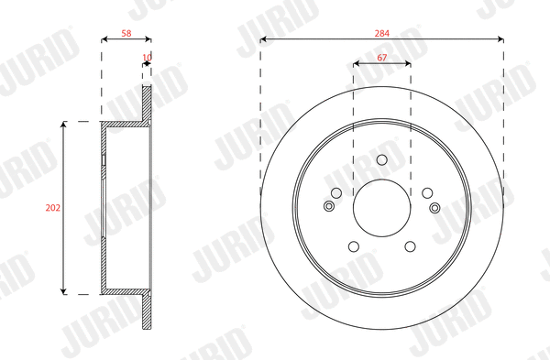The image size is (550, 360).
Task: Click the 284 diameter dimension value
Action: coord(382,34)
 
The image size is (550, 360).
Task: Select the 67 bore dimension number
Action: coord(382,58)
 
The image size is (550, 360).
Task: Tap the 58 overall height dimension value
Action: coord(126,34)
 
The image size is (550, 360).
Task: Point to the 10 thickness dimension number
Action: coord(147,57)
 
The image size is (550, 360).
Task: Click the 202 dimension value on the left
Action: coord(52,208)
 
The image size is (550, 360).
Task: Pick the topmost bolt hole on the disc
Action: coord(382,161)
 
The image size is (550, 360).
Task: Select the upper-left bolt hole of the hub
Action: coord(336,192)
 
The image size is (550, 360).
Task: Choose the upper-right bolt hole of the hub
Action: coord(427,192)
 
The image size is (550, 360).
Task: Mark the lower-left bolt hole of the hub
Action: coord(354,246)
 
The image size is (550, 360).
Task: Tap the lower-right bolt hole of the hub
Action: coord(410,246)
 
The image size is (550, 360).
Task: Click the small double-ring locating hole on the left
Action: coord(330,206)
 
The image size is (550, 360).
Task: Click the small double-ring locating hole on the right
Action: coord(434,206)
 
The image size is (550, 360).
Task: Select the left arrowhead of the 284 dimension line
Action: coord(263,39)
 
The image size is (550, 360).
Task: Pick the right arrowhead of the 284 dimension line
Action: coord(500,39)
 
